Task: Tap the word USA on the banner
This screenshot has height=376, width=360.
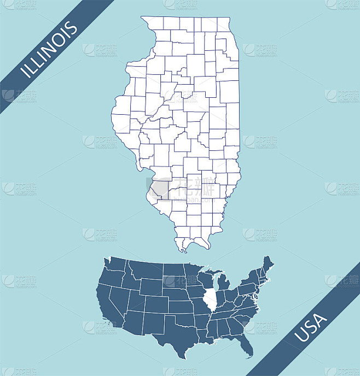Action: (x=311, y=327)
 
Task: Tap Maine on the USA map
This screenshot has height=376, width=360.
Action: (x=268, y=267)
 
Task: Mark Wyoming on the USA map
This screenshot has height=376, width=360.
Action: (x=150, y=287)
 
